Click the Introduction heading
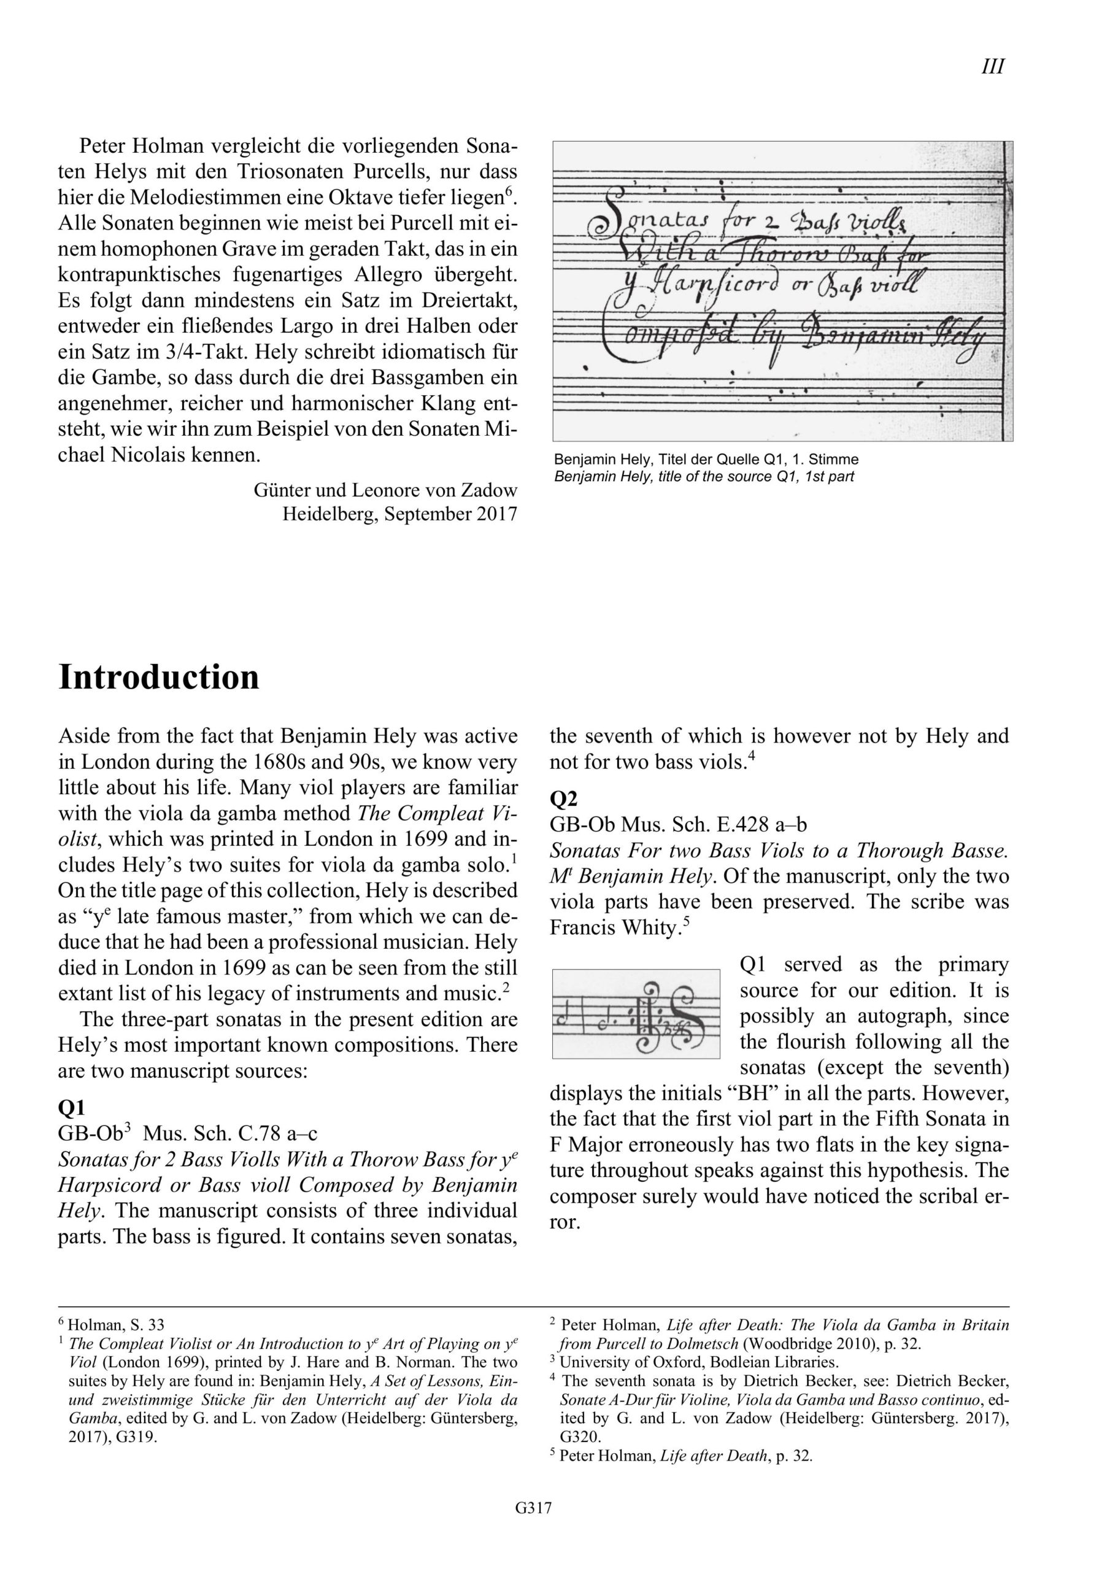pos(159,677)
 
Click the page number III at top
pos(992,67)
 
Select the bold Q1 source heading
pos(72,1108)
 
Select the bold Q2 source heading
pos(564,798)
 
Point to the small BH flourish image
pos(636,1014)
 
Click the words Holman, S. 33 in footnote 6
pos(117,1326)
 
